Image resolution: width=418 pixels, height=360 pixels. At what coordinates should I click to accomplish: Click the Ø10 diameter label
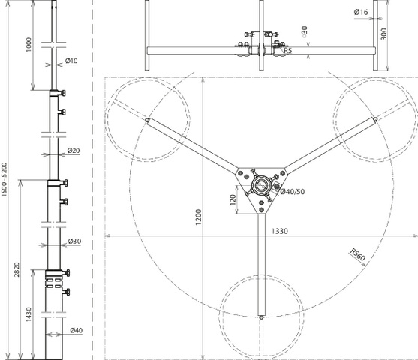pyautogui.click(x=71, y=61)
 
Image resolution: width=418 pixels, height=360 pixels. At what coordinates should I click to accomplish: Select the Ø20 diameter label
pyautogui.click(x=74, y=151)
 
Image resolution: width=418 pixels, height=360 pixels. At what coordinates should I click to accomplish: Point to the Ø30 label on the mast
pyautogui.click(x=74, y=241)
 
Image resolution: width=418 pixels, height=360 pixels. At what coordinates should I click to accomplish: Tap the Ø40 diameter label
pyautogui.click(x=77, y=331)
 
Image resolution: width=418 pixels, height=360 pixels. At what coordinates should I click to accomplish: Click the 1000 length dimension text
pyautogui.click(x=29, y=45)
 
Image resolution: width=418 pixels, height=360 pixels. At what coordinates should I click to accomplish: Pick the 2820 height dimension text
pyautogui.click(x=17, y=270)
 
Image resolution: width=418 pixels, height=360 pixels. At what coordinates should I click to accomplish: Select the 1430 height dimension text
pyautogui.click(x=29, y=314)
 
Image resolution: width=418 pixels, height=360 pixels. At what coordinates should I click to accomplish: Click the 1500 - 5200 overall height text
pyautogui.click(x=5, y=180)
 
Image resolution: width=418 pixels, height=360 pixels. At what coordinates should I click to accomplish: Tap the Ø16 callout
pyautogui.click(x=361, y=12)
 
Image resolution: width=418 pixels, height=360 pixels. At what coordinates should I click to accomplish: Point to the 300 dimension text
pyautogui.click(x=383, y=34)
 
